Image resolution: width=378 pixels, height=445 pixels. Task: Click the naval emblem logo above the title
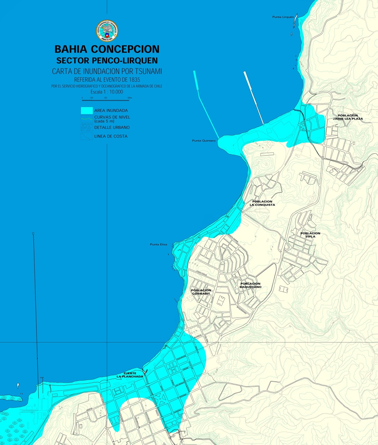[107, 31]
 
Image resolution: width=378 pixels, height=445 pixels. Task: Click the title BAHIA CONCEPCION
[107, 49]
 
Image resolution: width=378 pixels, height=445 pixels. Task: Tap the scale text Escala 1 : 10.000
[107, 92]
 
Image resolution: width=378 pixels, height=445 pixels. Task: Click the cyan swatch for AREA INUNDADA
[87, 110]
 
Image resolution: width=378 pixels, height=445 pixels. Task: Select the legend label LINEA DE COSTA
[111, 136]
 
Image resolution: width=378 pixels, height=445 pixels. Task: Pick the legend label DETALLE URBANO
[112, 127]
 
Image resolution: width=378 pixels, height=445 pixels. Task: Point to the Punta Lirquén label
[283, 17]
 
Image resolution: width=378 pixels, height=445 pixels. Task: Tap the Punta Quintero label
[204, 141]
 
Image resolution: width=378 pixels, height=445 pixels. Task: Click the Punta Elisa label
[159, 244]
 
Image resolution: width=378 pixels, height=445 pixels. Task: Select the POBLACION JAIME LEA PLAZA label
[348, 117]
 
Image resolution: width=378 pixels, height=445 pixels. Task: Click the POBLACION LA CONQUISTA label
[262, 203]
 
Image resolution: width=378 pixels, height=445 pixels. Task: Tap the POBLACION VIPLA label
[310, 235]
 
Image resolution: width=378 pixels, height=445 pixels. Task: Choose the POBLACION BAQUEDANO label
[250, 285]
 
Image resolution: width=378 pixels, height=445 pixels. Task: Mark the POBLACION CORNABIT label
[201, 292]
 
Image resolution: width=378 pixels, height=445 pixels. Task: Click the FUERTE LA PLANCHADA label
[130, 375]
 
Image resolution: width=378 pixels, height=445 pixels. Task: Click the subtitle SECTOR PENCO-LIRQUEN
[107, 60]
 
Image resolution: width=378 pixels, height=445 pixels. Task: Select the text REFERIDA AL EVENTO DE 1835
[107, 80]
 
